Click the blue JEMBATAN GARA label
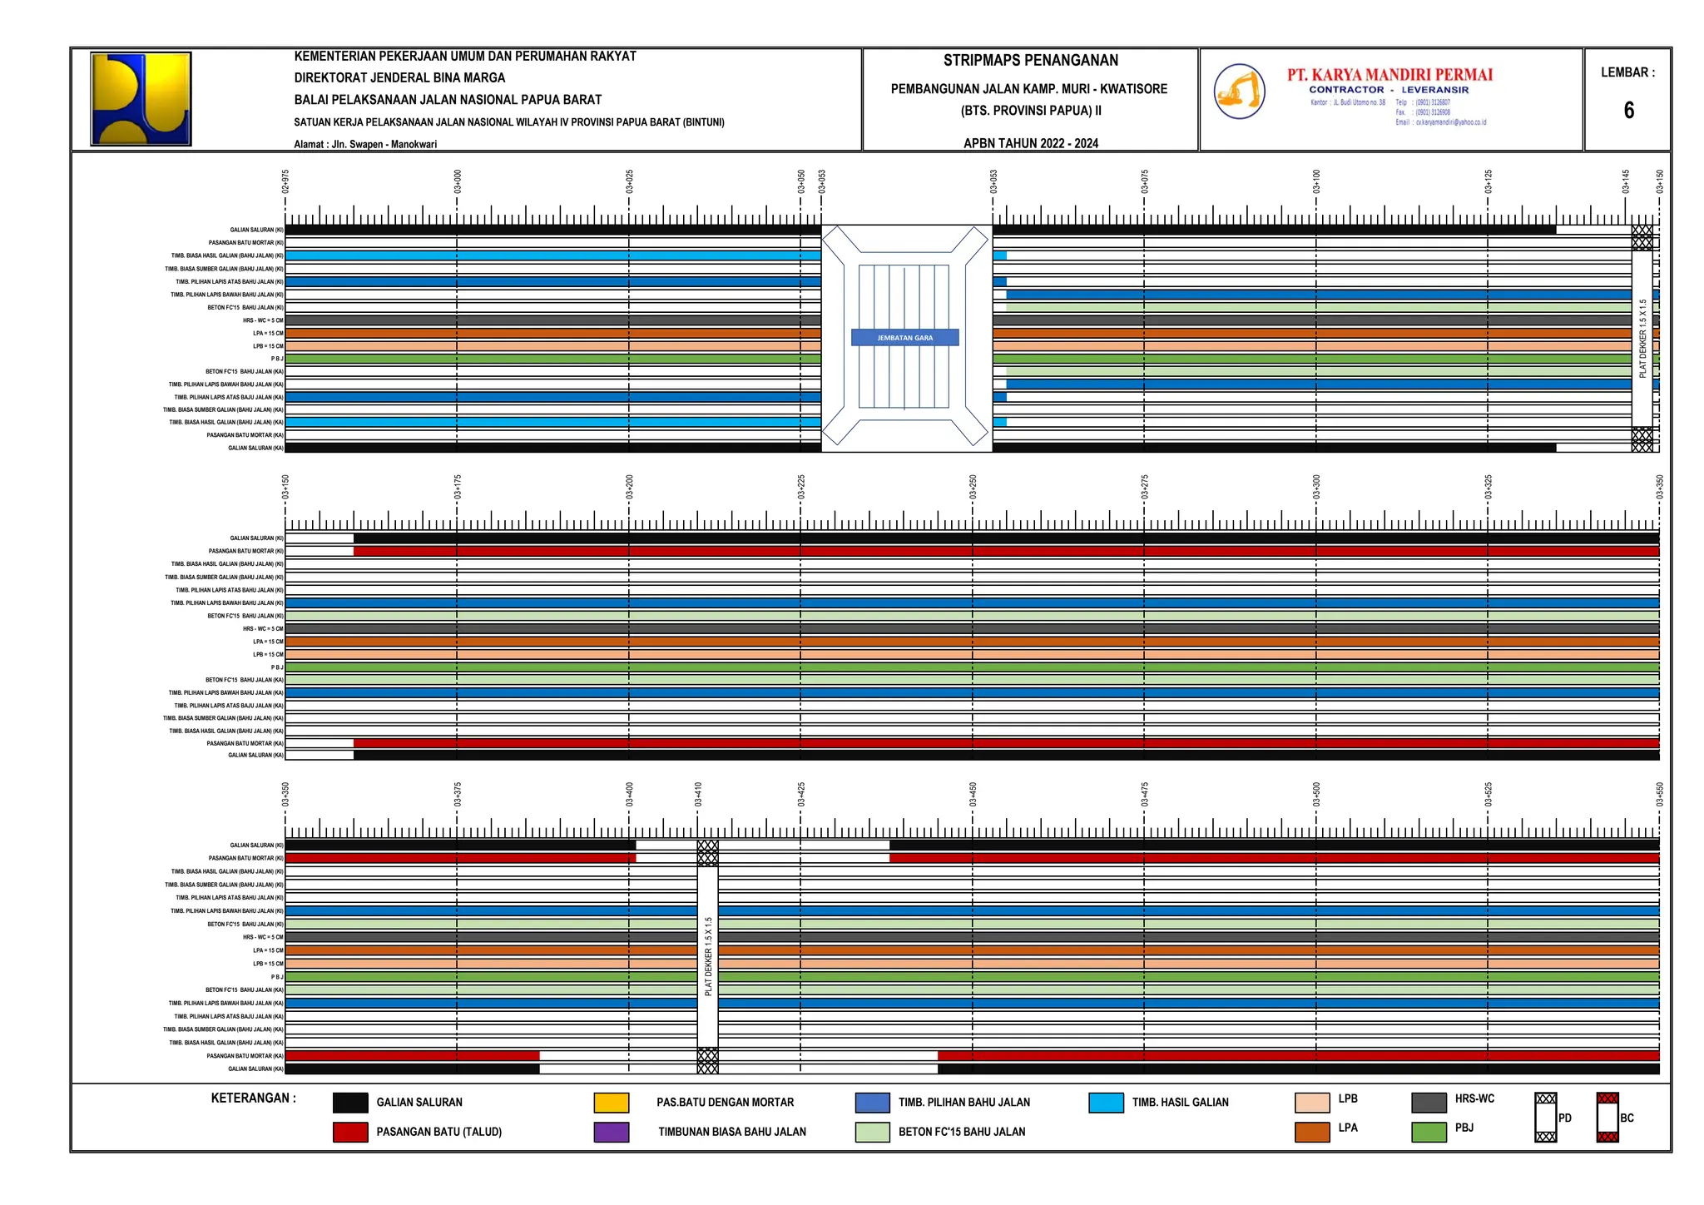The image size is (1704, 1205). [x=904, y=338]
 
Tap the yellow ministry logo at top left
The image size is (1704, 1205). [x=141, y=99]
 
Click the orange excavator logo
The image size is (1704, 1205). [x=1239, y=91]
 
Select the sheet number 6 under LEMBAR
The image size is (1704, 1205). [x=1628, y=111]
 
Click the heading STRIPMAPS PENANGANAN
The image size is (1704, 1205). [x=1030, y=61]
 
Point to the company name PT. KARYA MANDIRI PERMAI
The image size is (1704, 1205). [x=1389, y=75]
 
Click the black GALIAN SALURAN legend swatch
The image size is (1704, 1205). [x=350, y=1103]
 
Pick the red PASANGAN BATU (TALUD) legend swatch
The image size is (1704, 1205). [x=350, y=1132]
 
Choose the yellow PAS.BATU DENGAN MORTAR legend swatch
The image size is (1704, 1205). [x=612, y=1103]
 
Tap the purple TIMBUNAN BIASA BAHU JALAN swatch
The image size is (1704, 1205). [x=612, y=1132]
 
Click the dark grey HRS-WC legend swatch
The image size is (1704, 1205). [x=1429, y=1103]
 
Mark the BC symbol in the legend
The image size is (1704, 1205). [x=1607, y=1118]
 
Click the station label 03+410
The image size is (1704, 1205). [x=699, y=795]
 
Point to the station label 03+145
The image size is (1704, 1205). [x=1626, y=181]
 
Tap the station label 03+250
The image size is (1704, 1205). [x=973, y=487]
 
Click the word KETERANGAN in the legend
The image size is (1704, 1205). [x=253, y=1098]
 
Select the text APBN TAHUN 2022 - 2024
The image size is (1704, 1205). [x=1030, y=143]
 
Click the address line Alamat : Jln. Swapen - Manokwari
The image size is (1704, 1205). [x=365, y=144]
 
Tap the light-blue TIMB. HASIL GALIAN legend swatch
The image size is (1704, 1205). [x=1107, y=1103]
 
